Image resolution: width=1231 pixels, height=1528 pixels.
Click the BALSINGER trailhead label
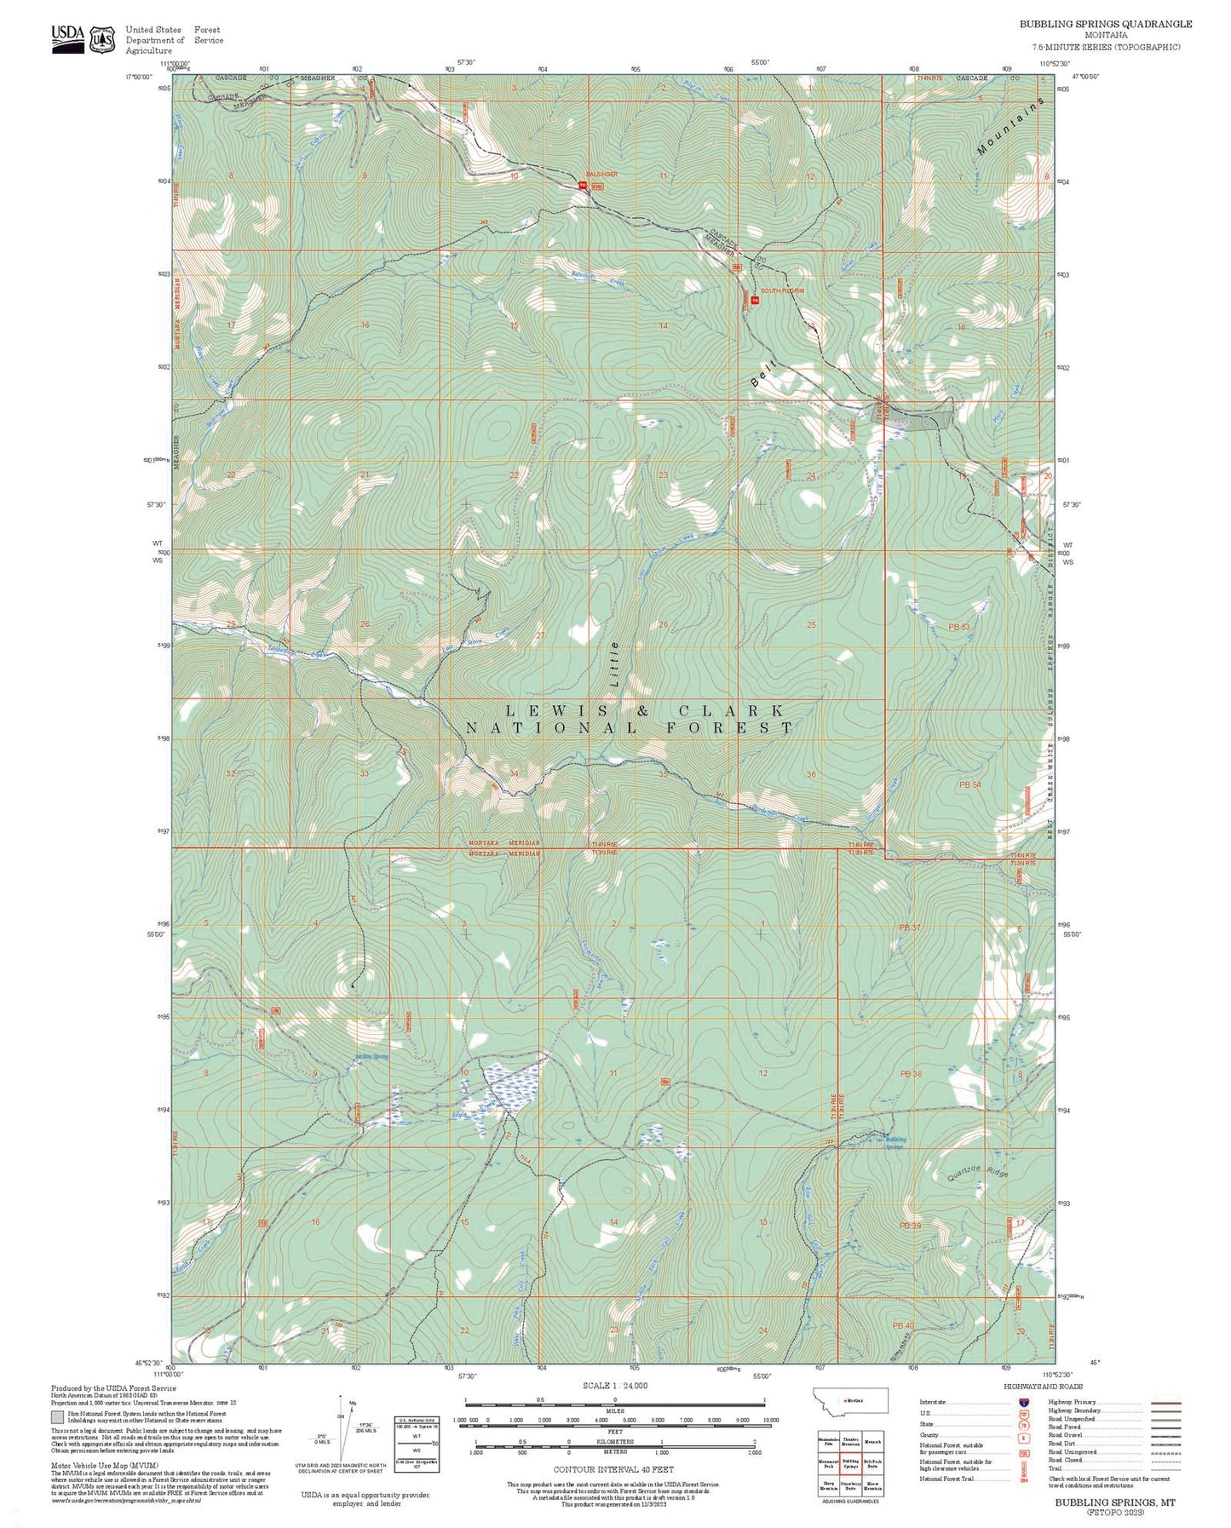pos(602,174)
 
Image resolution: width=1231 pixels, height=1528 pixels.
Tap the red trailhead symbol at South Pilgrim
pos(754,300)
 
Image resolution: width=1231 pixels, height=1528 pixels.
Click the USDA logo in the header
pos(68,38)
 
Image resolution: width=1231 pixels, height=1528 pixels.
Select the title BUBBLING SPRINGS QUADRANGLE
pos(1105,24)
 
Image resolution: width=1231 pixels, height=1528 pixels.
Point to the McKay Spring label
pos(371,1057)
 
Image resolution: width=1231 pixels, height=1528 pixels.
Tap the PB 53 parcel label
pos(958,626)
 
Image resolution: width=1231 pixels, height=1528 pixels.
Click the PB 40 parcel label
pos(902,1326)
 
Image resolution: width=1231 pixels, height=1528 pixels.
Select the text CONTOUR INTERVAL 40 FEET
pos(613,1469)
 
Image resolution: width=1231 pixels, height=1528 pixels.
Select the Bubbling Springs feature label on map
pos(895,1143)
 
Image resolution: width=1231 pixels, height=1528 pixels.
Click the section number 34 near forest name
pos(513,773)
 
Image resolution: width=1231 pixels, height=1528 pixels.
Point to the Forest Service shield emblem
pos(103,39)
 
